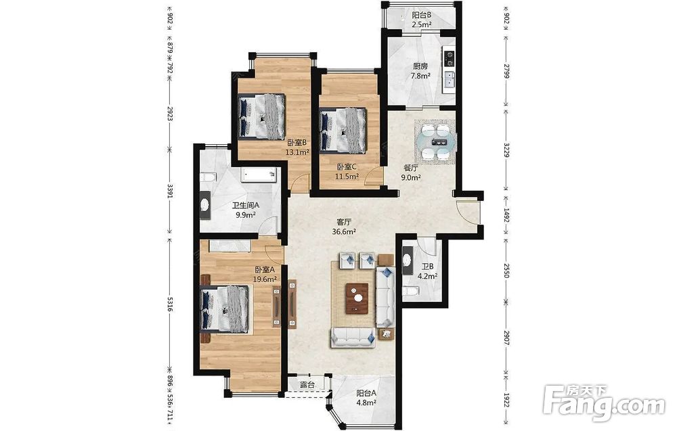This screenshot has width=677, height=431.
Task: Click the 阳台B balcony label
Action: (x=421, y=16)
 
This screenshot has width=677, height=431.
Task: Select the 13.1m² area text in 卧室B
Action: (x=297, y=152)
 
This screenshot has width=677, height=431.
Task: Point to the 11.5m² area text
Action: (x=347, y=176)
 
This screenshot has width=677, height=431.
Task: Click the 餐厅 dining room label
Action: (x=411, y=168)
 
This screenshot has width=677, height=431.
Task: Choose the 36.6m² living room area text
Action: (x=344, y=231)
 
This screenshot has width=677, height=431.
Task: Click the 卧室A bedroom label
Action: (x=265, y=270)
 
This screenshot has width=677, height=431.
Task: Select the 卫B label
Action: (x=428, y=267)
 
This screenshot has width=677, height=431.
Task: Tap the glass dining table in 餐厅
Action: (x=435, y=142)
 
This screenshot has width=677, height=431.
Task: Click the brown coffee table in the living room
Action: (x=357, y=297)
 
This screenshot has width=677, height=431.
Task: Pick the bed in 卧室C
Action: (x=343, y=129)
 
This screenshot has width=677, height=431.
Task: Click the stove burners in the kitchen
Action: (x=450, y=58)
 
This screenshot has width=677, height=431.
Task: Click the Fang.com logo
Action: (x=605, y=403)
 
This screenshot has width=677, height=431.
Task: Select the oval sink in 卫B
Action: (x=407, y=260)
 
